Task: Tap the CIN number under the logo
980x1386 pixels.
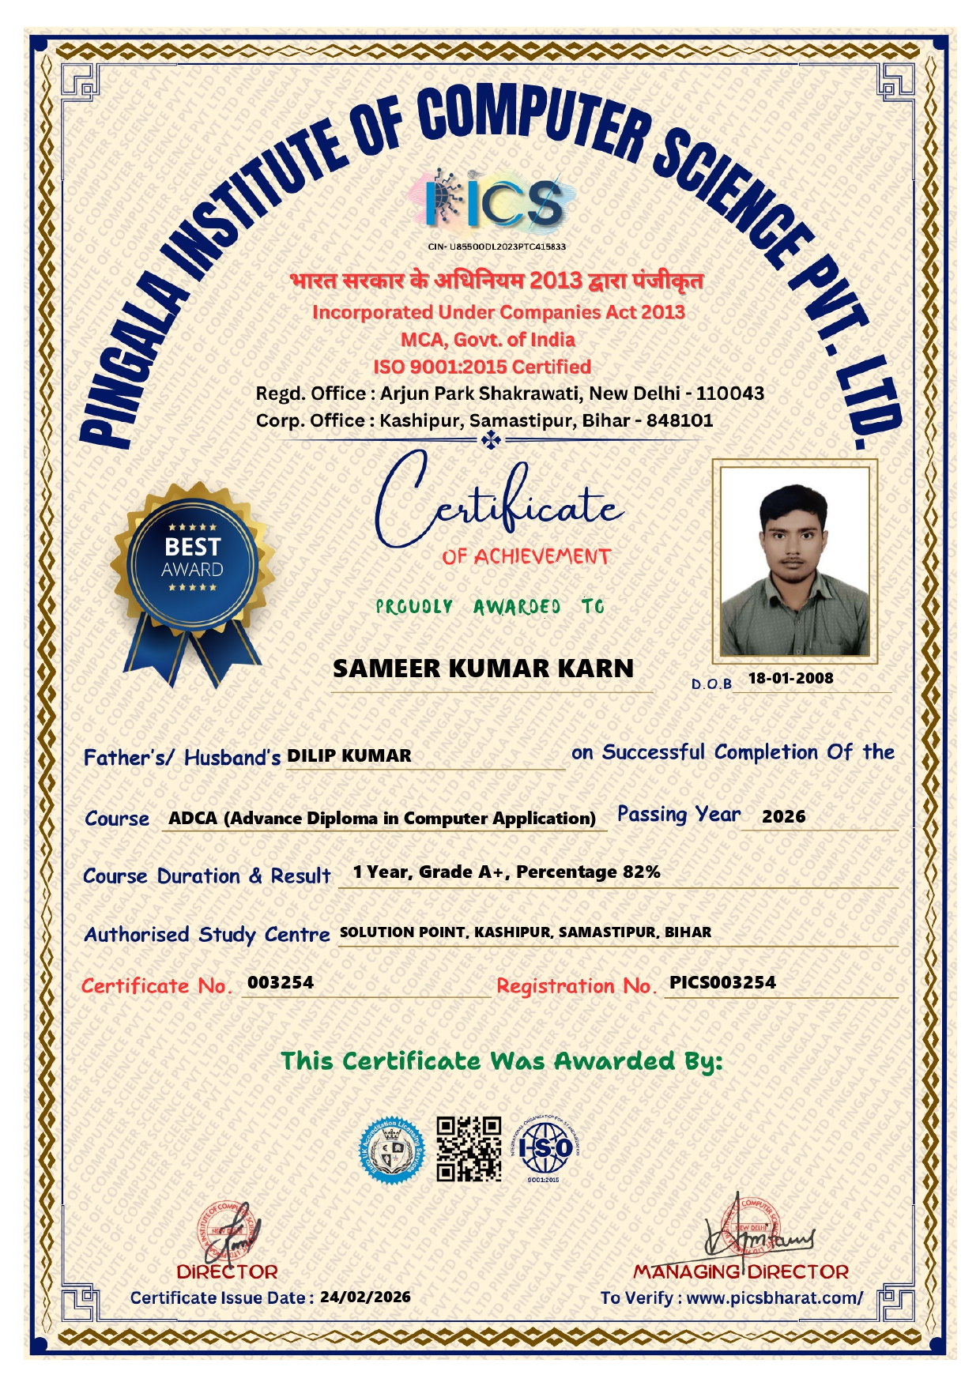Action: coord(497,247)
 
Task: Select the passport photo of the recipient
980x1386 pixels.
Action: coord(793,560)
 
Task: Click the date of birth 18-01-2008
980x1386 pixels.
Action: coord(790,678)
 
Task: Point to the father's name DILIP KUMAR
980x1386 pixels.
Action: coord(349,755)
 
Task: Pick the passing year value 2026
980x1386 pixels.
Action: coord(783,816)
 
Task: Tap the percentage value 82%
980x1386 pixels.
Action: coord(641,872)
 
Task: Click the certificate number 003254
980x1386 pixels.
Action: coord(281,982)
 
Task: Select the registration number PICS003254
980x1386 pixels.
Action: coord(722,982)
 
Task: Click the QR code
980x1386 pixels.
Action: coord(469,1148)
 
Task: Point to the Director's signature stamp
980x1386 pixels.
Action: coord(228,1233)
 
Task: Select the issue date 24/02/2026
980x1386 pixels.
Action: coord(365,1297)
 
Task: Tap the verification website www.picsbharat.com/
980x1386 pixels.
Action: coord(775,1297)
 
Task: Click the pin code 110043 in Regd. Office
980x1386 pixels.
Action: coord(729,393)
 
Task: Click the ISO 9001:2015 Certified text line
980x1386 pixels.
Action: coord(482,367)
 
